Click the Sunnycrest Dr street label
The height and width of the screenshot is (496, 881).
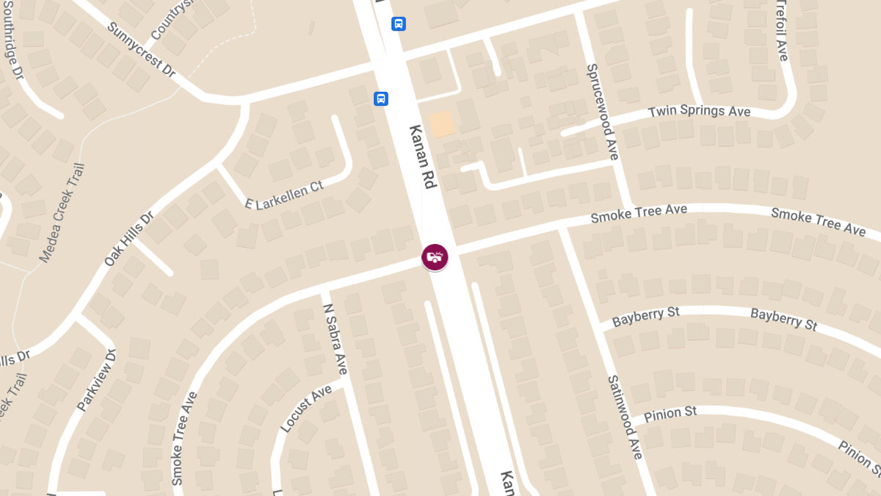[x=142, y=50]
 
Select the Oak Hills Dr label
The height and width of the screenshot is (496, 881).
[x=128, y=239]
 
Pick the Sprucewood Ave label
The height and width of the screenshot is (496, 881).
[x=603, y=112]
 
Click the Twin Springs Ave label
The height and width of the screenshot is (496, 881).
[x=699, y=112]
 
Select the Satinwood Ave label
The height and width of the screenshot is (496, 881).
[x=625, y=417]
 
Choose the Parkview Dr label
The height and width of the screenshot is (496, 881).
[x=96, y=381]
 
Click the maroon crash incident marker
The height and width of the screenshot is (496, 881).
[x=435, y=256]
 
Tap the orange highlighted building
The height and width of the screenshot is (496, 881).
[x=442, y=124]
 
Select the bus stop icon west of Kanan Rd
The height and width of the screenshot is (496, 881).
[x=380, y=98]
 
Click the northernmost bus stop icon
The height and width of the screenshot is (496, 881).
[x=399, y=24]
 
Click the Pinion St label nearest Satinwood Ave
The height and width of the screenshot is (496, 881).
[x=670, y=414]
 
